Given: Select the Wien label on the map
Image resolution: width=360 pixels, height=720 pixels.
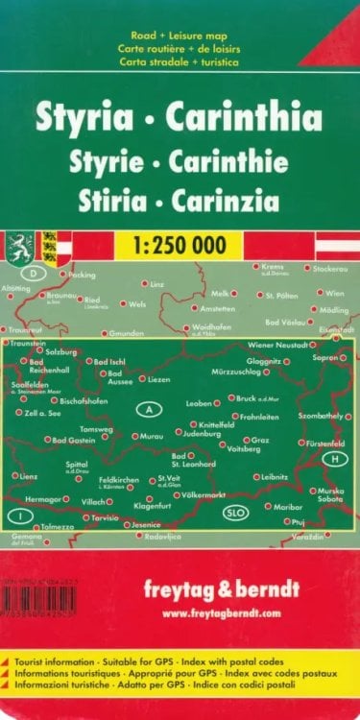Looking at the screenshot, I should [x=334, y=292].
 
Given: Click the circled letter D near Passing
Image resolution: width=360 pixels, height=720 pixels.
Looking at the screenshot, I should [x=36, y=274].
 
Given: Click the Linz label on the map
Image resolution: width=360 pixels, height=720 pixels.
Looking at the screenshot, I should [x=157, y=284].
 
